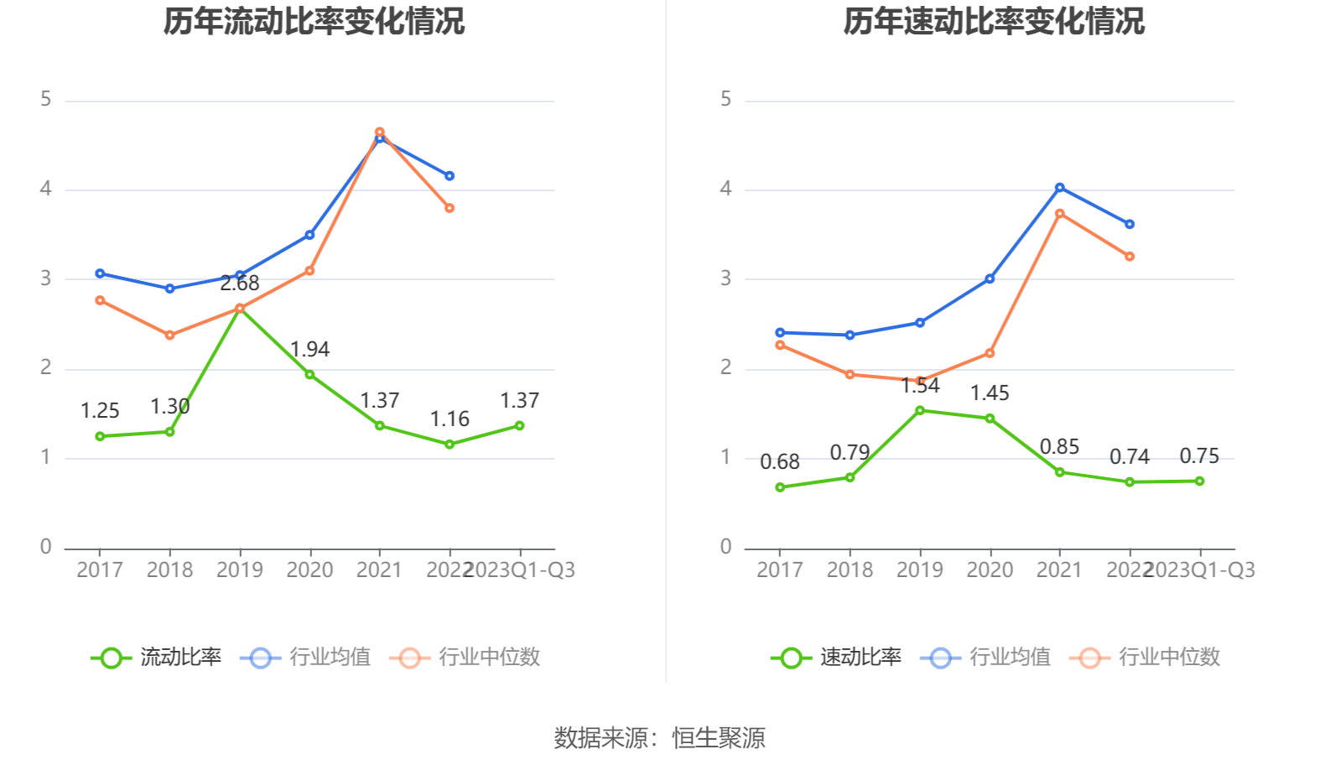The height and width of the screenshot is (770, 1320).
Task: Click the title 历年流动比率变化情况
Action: [314, 22]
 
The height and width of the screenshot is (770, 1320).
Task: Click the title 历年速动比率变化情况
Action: [994, 22]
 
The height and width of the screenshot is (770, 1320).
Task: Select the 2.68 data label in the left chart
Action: [240, 284]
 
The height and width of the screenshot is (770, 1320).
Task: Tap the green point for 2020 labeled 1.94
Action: [309, 375]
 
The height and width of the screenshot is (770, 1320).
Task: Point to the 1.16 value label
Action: [450, 419]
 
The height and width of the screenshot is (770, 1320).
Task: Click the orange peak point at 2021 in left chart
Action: [380, 133]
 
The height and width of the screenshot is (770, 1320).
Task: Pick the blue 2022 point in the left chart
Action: [450, 176]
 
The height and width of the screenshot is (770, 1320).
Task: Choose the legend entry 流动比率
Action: [157, 657]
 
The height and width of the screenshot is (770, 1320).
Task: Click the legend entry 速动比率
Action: [837, 657]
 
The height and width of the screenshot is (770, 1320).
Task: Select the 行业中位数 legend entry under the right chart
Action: [1146, 657]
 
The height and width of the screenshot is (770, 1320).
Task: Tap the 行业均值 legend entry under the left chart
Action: [306, 657]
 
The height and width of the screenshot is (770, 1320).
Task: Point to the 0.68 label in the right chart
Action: [780, 461]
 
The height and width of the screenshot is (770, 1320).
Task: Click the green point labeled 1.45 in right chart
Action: [990, 419]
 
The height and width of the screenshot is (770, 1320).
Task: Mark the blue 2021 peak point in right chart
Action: [1060, 188]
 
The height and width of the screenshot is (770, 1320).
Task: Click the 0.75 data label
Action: [1199, 456]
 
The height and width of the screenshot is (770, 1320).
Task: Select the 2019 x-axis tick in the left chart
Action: [240, 570]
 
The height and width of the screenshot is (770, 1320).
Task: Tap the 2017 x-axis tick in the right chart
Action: [780, 570]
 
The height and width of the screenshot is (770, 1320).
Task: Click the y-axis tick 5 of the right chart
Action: [726, 100]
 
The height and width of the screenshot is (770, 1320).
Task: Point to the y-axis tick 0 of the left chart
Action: [46, 547]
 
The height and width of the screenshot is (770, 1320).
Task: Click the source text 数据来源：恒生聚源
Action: [660, 738]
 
